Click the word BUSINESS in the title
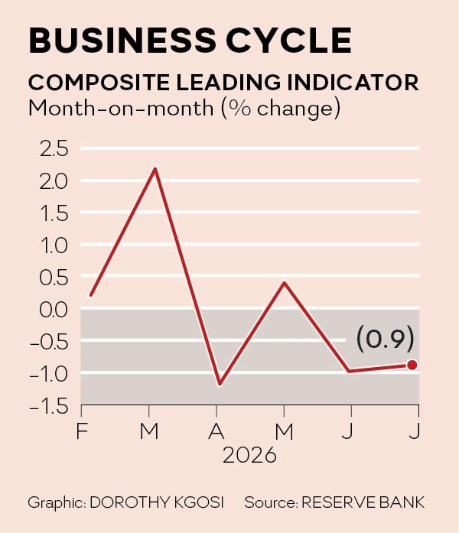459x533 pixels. (122, 41)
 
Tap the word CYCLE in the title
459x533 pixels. (288, 41)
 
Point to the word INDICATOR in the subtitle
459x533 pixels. (353, 83)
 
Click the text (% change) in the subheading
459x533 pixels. (281, 109)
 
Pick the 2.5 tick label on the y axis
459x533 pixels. (54, 149)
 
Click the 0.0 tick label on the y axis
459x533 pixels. (54, 310)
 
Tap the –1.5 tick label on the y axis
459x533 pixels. (49, 407)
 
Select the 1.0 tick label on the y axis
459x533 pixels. (54, 245)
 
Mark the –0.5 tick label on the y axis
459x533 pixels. (49, 342)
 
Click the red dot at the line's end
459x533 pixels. (412, 365)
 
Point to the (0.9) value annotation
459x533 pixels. (386, 339)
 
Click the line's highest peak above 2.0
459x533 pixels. (155, 169)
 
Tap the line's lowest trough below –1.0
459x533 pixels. (220, 384)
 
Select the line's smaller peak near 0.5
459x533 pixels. (285, 283)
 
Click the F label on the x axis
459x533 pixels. (83, 431)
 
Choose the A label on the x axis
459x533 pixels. (216, 431)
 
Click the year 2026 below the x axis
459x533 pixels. (249, 455)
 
